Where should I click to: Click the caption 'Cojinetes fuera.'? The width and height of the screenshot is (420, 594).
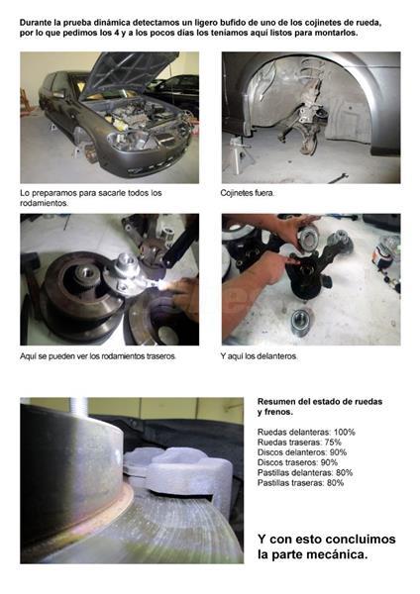[x=248, y=193]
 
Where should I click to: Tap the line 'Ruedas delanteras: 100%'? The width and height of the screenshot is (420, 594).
[x=306, y=432]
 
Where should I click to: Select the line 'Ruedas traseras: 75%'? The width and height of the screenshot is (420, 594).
[x=299, y=443]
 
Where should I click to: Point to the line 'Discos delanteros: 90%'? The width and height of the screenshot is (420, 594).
[x=302, y=452]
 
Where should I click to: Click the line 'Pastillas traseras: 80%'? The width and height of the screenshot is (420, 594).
[x=300, y=483]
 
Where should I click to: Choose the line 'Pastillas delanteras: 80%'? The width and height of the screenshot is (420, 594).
[x=305, y=472]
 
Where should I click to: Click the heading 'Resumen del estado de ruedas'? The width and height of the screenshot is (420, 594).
[x=320, y=402]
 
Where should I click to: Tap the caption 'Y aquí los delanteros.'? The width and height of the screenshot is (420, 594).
[x=259, y=356]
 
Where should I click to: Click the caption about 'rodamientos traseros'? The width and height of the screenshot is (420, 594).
[x=98, y=356]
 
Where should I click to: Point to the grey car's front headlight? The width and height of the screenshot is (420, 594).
[x=131, y=141]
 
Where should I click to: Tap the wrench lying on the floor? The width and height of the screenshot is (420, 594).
[x=338, y=177]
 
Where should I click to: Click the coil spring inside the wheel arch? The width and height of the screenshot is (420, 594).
[x=313, y=76]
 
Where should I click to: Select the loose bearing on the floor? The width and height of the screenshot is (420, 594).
[x=302, y=323]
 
